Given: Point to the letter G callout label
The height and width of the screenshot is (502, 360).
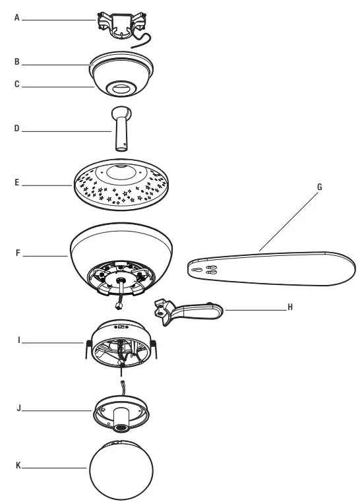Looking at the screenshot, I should click(x=319, y=187).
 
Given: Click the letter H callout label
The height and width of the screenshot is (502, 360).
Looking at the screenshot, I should click(x=289, y=307).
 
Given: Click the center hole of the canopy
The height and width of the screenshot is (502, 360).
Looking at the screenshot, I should click(x=121, y=87).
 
